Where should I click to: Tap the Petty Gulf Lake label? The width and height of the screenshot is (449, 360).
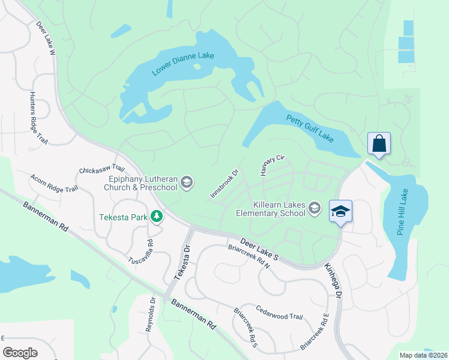click(x=310, y=128)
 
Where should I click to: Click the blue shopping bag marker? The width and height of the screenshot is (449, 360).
click(x=379, y=144)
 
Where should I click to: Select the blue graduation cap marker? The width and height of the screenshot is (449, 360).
click(x=340, y=212)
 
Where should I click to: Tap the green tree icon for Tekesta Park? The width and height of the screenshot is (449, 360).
click(x=157, y=215)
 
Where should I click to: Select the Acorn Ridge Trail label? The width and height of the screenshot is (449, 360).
click(x=54, y=182)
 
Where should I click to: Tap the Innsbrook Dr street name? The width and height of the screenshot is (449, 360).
click(x=224, y=184)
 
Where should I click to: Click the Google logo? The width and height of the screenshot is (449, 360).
click(x=20, y=352)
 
